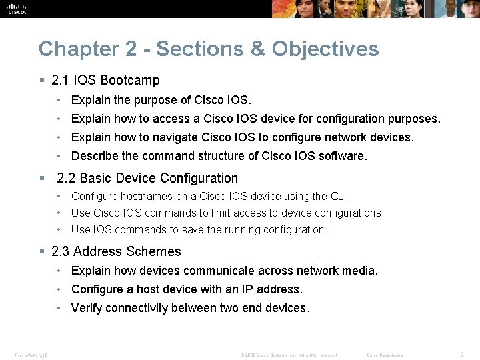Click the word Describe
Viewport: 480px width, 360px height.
pyautogui.click(x=95, y=156)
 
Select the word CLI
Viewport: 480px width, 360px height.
pyautogui.click(x=340, y=196)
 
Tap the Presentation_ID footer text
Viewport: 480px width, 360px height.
pyautogui.click(x=30, y=355)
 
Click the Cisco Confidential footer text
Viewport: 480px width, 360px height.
pyautogui.click(x=386, y=355)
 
